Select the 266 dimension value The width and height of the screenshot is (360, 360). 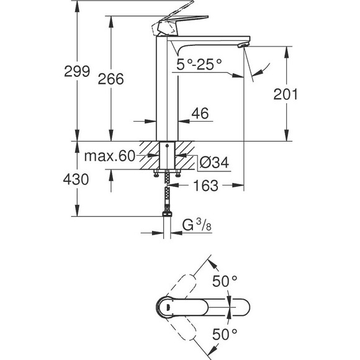point(111,79)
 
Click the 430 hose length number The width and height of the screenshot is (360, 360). point(76,179)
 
